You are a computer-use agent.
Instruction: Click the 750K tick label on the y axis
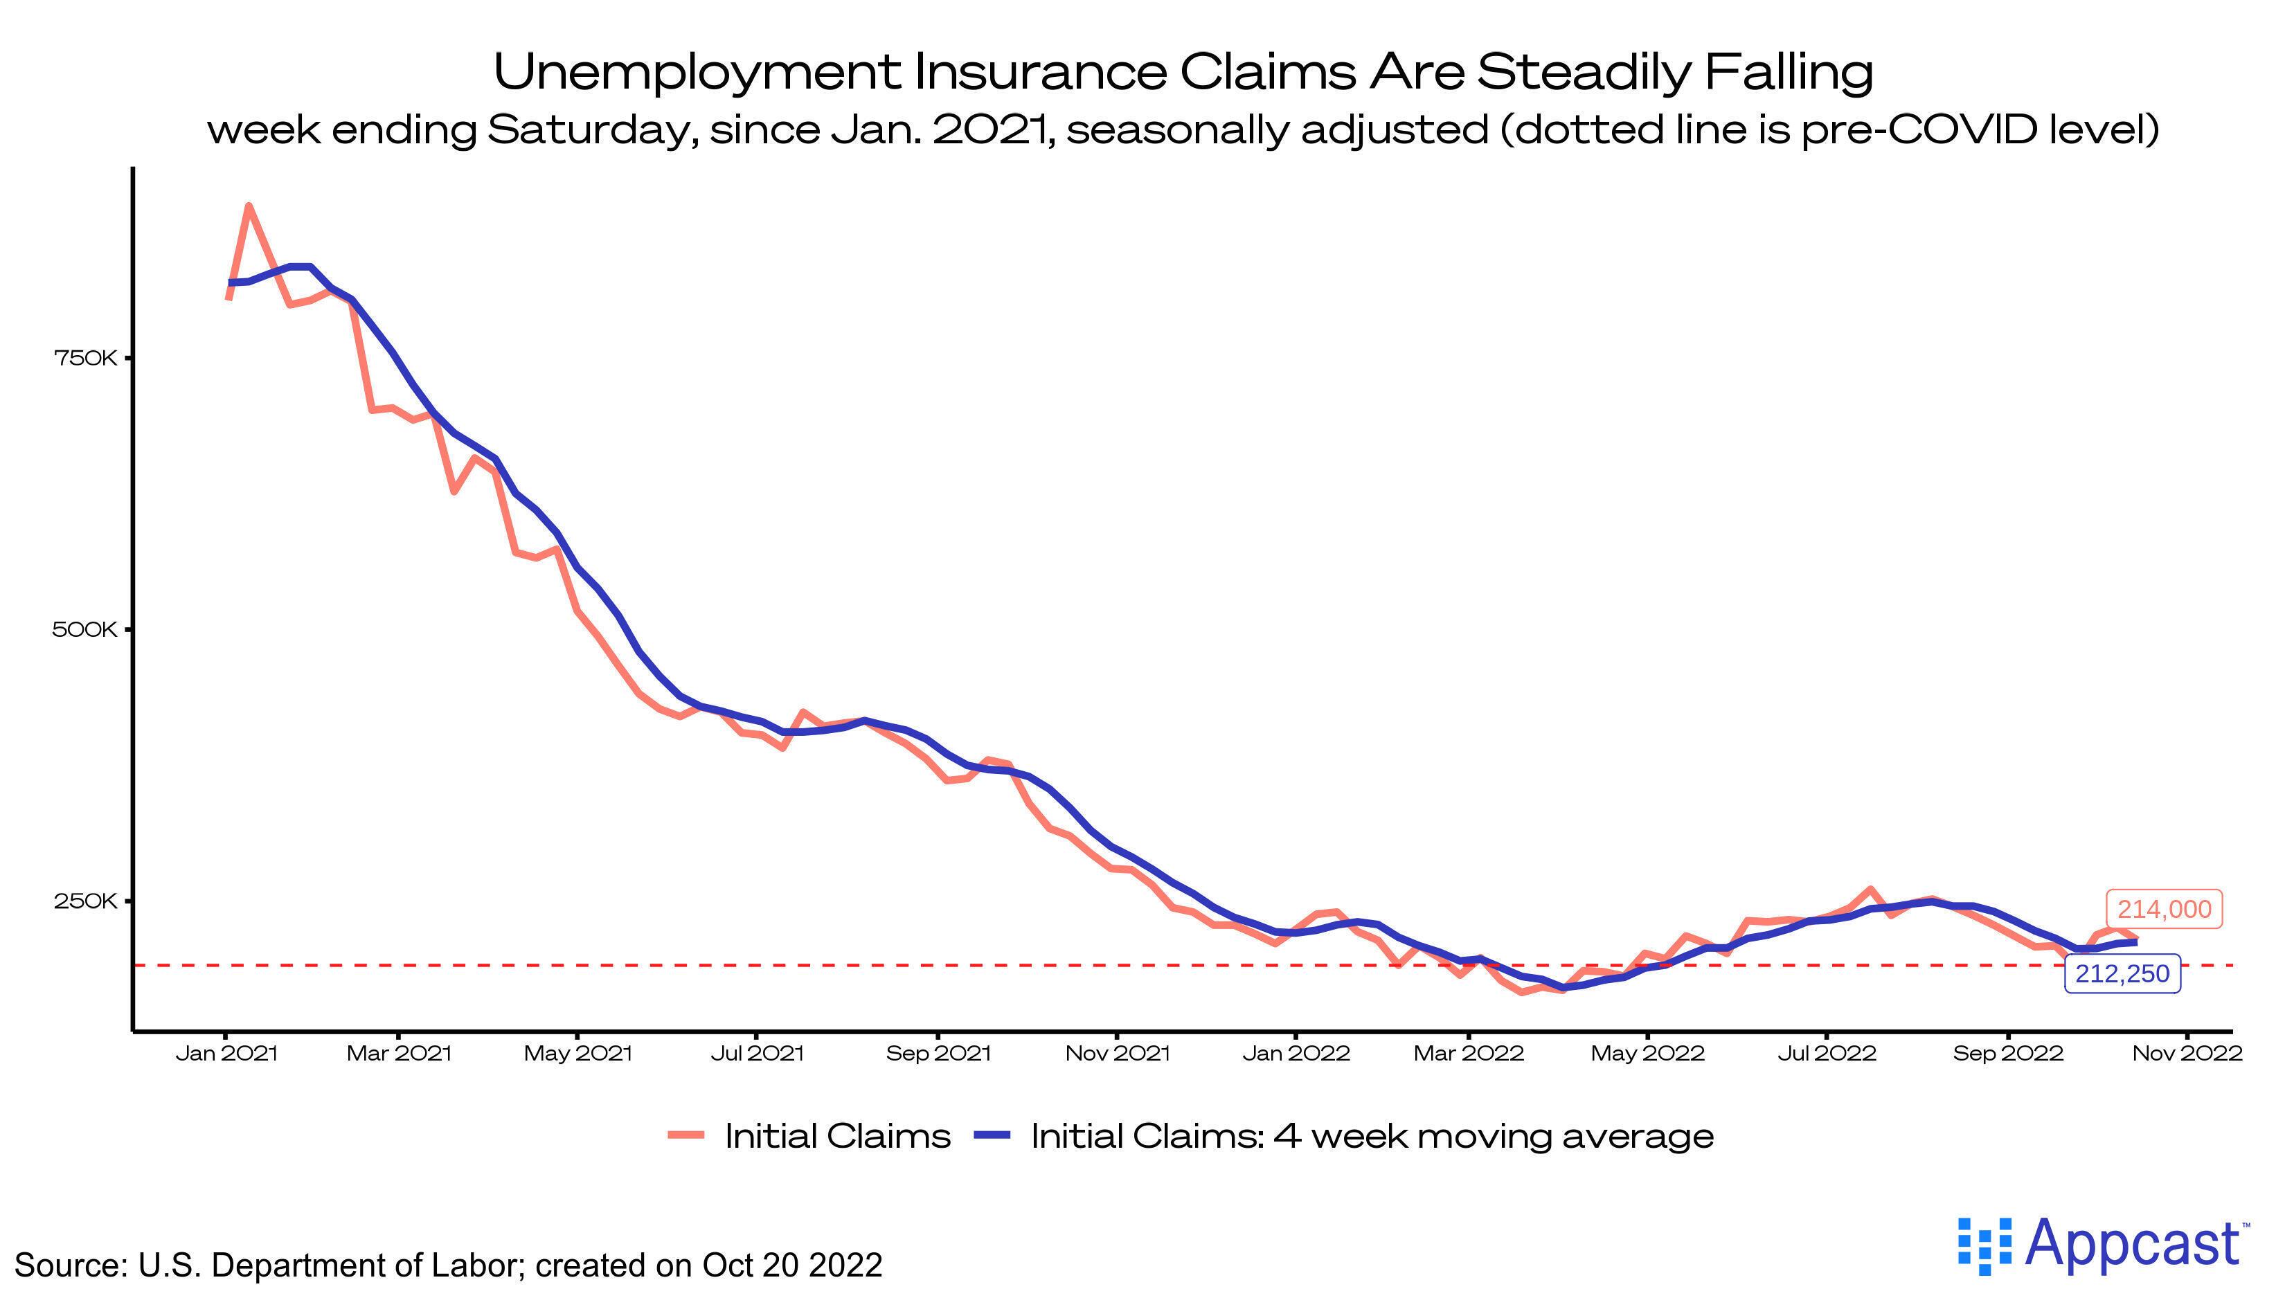coord(84,359)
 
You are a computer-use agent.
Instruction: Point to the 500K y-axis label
coord(84,630)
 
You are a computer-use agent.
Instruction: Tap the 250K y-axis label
coord(84,901)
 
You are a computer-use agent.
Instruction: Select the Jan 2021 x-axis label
coord(226,1054)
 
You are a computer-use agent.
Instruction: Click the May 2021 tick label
coord(577,1054)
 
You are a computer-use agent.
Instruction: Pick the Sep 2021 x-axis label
coord(938,1054)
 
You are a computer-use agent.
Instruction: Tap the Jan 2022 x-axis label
coord(1296,1054)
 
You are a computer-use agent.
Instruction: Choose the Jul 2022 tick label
coord(1827,1054)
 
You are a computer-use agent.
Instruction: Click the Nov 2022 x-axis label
coord(2187,1054)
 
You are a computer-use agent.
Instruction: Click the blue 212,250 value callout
coord(2122,973)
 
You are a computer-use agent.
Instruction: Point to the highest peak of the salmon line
coord(249,207)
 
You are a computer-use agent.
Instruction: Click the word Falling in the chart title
coord(1789,71)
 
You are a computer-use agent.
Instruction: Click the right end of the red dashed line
coord(2229,964)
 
